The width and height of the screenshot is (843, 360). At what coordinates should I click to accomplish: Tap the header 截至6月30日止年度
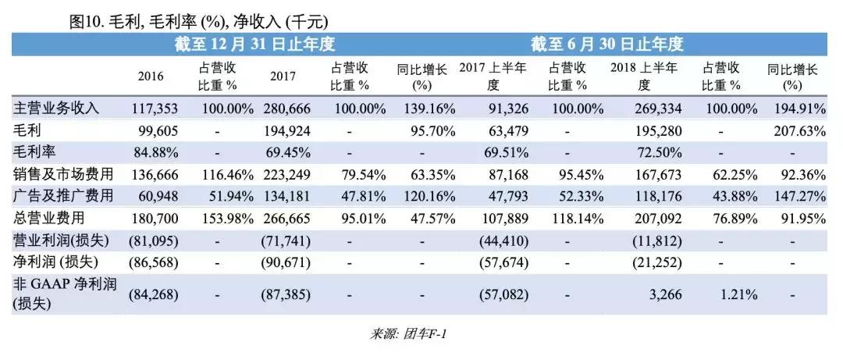point(607,44)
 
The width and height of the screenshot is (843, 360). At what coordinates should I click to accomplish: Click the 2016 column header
point(151,77)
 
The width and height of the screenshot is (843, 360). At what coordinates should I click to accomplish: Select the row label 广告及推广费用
point(64,195)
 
